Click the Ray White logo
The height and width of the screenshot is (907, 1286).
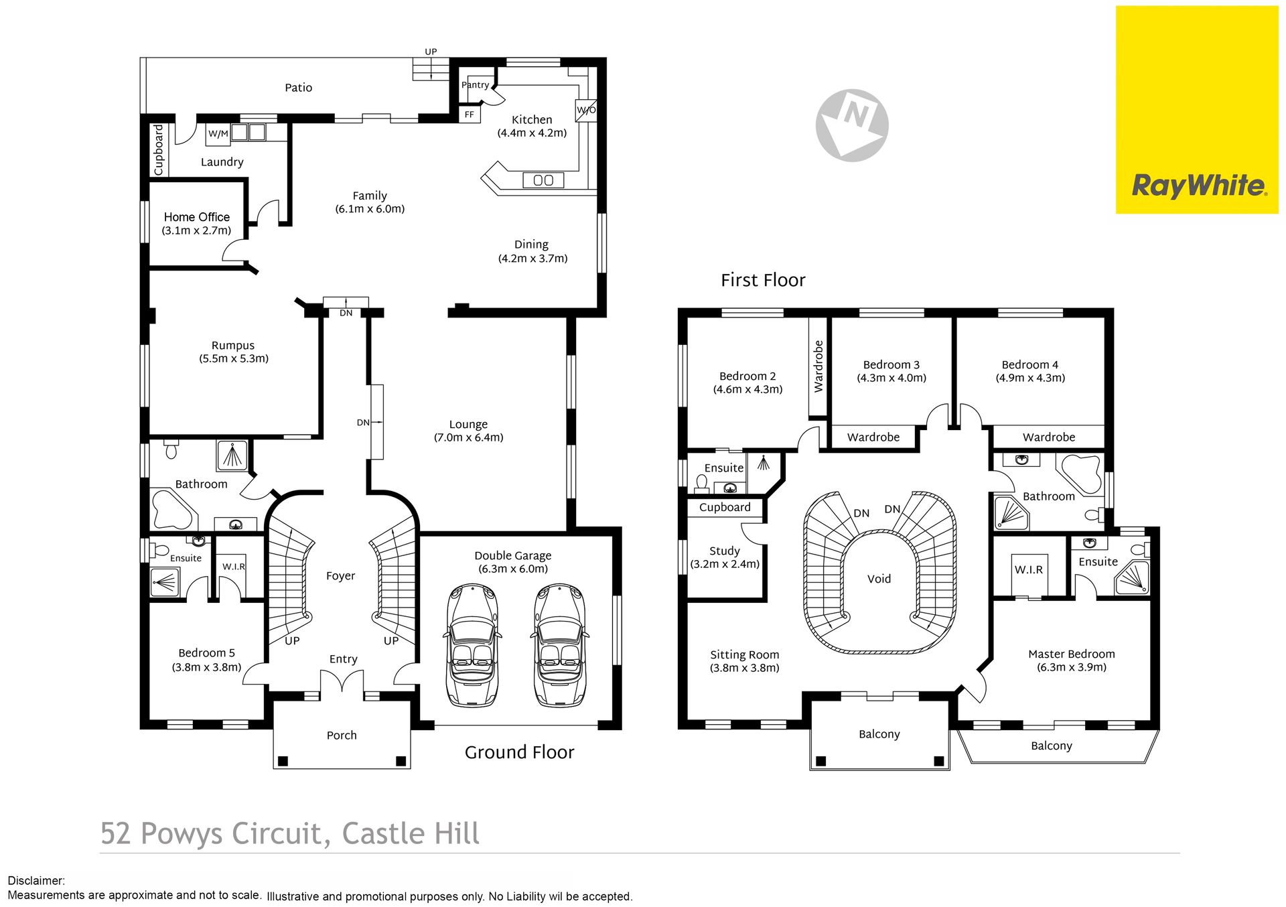coord(1197,110)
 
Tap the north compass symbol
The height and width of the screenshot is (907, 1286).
coord(852,125)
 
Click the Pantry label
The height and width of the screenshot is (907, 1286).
coord(475,85)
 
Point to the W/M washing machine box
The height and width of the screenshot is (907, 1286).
coord(218,134)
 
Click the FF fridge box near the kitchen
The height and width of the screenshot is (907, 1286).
coord(470,115)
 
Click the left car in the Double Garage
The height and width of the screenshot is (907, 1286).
coord(473,645)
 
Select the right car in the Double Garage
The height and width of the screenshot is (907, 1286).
coord(559,645)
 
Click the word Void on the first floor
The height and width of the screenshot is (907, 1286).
coord(879,579)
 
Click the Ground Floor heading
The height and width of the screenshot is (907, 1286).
coord(520,752)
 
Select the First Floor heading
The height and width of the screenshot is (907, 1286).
coord(763,280)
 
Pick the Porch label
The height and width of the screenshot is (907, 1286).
coord(342,736)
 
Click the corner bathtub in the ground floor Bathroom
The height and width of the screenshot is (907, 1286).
coord(173,510)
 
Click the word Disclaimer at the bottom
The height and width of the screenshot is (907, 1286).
coord(36,881)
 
